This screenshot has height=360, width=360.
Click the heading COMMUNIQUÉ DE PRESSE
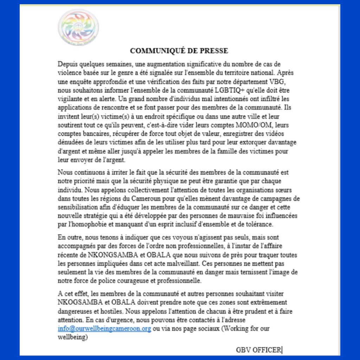pyautogui.click(x=179, y=51)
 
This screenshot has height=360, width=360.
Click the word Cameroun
pyautogui.click(x=131, y=199)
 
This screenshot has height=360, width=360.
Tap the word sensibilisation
pyautogui.click(x=78, y=207)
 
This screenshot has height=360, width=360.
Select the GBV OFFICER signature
pyautogui.click(x=259, y=350)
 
